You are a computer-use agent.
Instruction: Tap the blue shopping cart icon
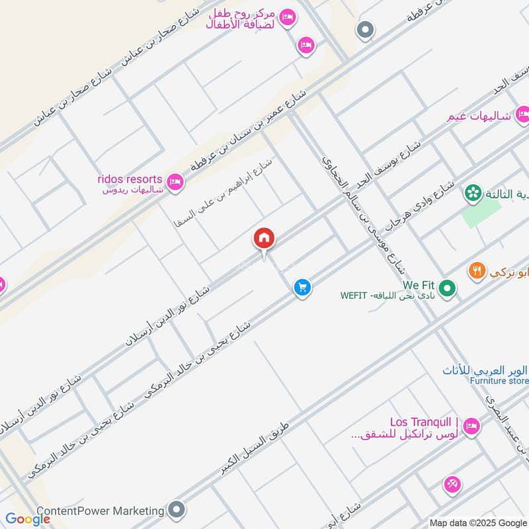tap(302, 288)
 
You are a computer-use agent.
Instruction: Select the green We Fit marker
tap(448, 288)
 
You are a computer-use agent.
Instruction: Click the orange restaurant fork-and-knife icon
tap(476, 270)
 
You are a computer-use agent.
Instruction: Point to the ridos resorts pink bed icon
tap(175, 181)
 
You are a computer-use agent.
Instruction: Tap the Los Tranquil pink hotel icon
tap(471, 425)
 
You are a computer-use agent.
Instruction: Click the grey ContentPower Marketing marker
tap(176, 510)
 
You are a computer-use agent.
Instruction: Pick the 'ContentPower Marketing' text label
tap(100, 510)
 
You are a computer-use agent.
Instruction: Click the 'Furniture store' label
tap(499, 381)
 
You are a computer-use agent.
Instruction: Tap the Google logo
tap(28, 519)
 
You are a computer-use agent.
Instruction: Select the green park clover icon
tap(473, 193)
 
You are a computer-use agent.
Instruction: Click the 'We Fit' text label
tap(419, 285)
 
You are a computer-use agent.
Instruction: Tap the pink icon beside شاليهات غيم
tap(522, 114)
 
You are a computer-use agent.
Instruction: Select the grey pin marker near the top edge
tap(364, 30)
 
